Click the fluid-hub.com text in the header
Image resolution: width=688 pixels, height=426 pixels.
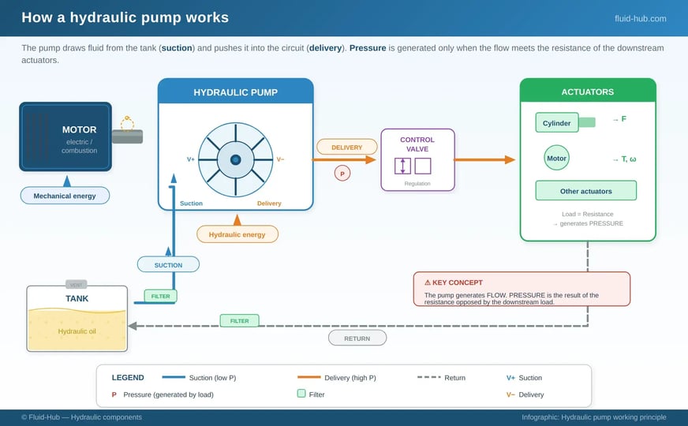tap(640, 18)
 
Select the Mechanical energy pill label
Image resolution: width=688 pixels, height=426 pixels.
tap(65, 196)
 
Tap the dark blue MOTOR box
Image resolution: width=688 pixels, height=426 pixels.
tap(65, 136)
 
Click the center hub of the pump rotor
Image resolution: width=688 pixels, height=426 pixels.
tap(235, 159)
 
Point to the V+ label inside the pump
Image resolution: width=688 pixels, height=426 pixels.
tap(191, 159)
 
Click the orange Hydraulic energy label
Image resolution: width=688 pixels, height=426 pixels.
tap(237, 234)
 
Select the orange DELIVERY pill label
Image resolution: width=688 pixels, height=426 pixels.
tap(346, 147)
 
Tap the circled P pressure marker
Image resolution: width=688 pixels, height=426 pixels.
tap(342, 173)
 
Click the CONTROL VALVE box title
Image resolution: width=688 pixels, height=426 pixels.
tap(417, 144)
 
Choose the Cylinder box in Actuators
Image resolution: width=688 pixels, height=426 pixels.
tap(557, 123)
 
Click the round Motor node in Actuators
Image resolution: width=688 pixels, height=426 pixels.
tap(557, 158)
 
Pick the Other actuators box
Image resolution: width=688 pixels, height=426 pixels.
tap(585, 191)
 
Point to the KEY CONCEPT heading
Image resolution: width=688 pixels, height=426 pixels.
tap(454, 282)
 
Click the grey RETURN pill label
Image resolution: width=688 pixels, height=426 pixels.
tap(357, 338)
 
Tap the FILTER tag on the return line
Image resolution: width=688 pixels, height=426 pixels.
tap(239, 321)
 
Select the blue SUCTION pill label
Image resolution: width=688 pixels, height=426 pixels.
tap(168, 265)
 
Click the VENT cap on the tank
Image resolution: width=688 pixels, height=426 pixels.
tap(76, 285)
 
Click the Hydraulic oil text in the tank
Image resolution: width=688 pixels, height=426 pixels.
tap(77, 331)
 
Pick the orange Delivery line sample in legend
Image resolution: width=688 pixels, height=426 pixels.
tap(320, 377)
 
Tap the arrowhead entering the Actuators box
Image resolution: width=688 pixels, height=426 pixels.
tap(509, 159)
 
